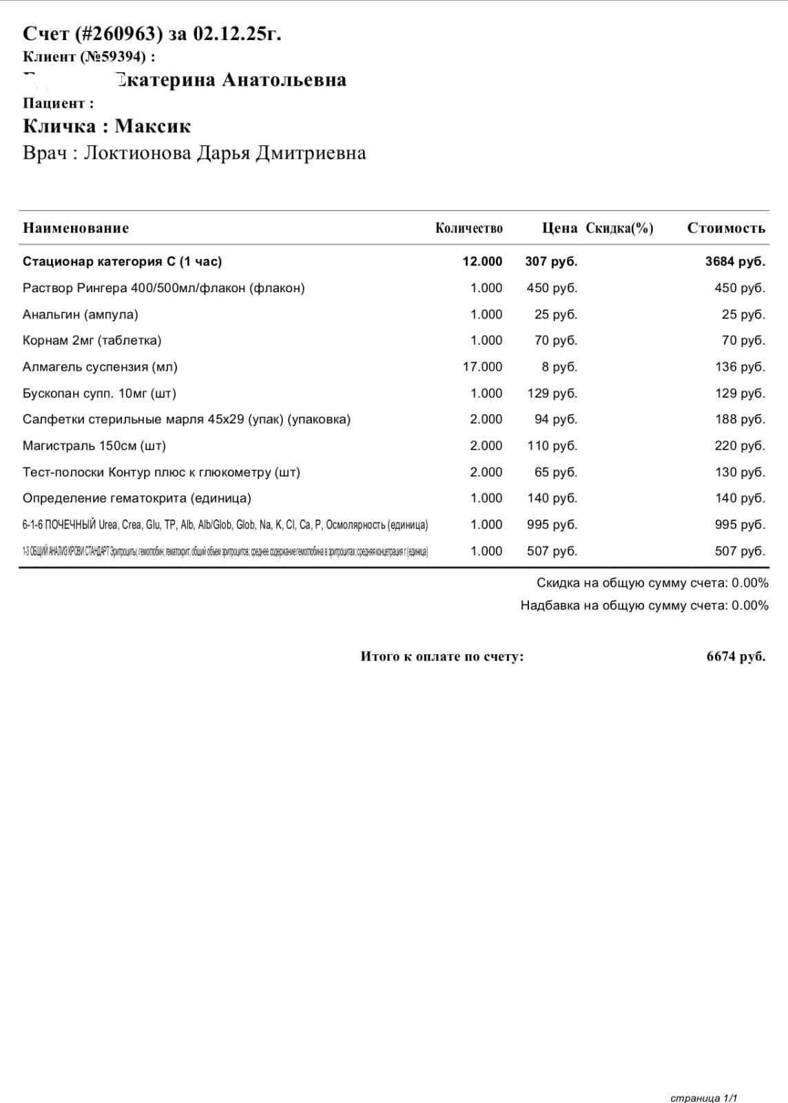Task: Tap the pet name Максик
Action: tap(152, 126)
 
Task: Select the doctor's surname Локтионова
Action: tap(138, 152)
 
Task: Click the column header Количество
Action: tap(468, 228)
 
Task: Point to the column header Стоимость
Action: tap(726, 228)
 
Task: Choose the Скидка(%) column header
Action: tap(619, 228)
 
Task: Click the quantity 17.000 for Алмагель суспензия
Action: tap(482, 367)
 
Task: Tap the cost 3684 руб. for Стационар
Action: tap(735, 261)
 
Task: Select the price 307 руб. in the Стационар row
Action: tap(551, 261)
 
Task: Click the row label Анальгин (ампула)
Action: tap(81, 314)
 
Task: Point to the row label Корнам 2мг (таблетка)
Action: tap(92, 341)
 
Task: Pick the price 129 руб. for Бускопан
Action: tap(552, 394)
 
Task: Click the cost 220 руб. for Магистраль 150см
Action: tap(740, 446)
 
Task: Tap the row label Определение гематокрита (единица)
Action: tap(136, 498)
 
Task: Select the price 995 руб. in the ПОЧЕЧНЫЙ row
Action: tap(552, 525)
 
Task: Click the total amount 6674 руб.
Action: tap(736, 656)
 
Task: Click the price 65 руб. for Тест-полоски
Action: tap(556, 472)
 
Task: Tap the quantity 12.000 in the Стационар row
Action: tap(482, 261)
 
